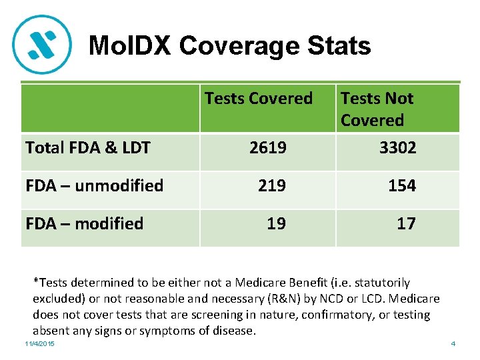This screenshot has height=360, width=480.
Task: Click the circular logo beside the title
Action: click(x=42, y=44)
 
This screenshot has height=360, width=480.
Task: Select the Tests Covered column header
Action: click(x=259, y=99)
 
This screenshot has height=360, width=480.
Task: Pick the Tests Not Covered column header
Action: click(x=377, y=109)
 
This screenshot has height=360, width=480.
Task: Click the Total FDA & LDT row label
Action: click(x=88, y=147)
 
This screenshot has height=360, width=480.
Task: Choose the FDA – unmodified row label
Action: click(x=94, y=185)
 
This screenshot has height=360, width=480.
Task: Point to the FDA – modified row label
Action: click(x=84, y=223)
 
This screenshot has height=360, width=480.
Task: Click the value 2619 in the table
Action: click(x=267, y=147)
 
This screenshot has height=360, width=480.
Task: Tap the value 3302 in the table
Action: click(x=397, y=147)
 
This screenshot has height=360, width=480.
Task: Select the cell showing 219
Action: click(x=272, y=185)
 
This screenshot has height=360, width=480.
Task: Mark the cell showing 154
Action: click(x=402, y=185)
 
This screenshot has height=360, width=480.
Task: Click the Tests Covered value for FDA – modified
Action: click(x=276, y=223)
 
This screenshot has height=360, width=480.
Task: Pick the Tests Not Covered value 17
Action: click(x=406, y=223)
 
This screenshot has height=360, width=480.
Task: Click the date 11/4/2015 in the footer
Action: click(x=40, y=343)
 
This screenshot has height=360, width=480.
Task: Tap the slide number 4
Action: click(x=453, y=343)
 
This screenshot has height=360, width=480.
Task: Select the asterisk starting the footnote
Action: click(x=36, y=283)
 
